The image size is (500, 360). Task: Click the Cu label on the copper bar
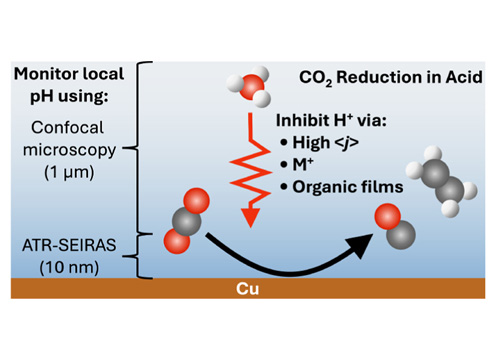[250, 289]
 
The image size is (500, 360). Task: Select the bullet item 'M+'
[305, 163]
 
